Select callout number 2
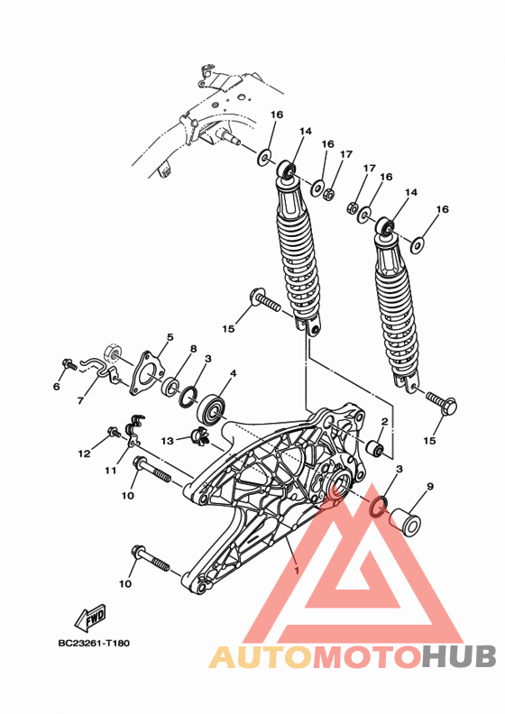click(383, 421)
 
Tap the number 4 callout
click(233, 373)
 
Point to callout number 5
click(168, 338)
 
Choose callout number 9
click(430, 487)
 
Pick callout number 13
click(167, 441)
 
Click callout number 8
click(193, 348)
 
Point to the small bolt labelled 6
click(66, 364)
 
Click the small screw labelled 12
click(114, 433)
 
